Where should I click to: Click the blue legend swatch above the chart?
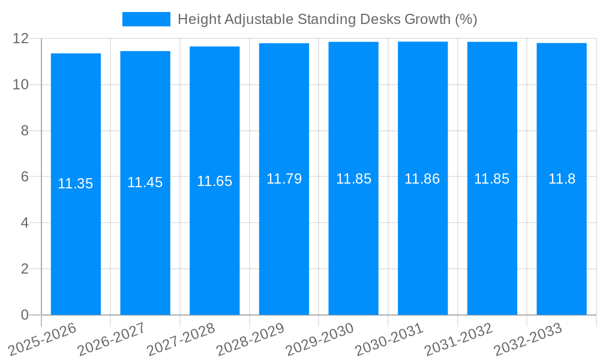click(146, 19)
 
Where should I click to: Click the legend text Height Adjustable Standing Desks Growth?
click(327, 19)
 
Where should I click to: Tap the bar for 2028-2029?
click(284, 240)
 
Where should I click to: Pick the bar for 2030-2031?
click(422, 240)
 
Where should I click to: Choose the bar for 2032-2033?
click(562, 240)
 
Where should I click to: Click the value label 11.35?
click(76, 184)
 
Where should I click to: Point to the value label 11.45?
click(145, 183)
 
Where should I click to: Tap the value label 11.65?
click(214, 181)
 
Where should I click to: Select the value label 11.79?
click(284, 179)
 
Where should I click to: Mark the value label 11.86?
click(422, 178)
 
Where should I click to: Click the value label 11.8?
click(562, 179)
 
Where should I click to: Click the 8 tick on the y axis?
click(25, 131)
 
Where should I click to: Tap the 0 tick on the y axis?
click(25, 315)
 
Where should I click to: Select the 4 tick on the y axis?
click(25, 223)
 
